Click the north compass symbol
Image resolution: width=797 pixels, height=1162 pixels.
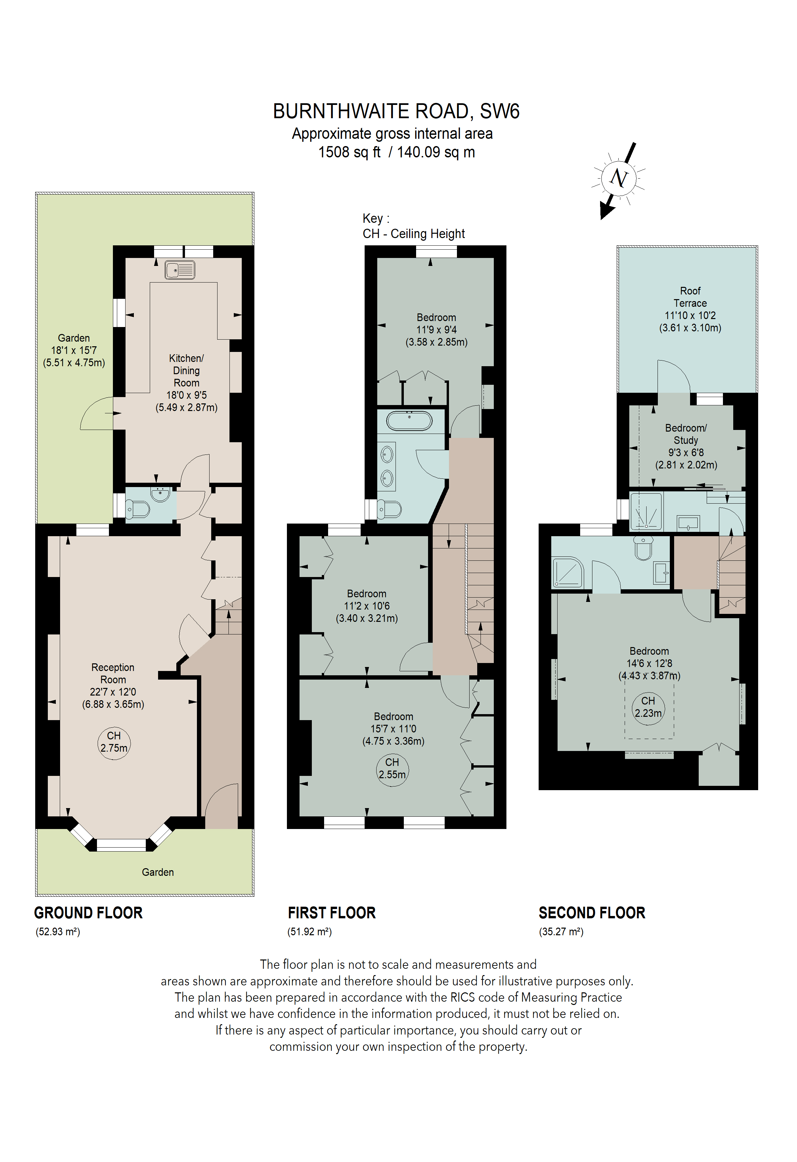coord(618,179)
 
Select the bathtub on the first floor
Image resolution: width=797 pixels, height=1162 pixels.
coord(409,421)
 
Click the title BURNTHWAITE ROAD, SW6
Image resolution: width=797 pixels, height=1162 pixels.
coord(396,111)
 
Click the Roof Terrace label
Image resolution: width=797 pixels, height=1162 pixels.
coord(690,297)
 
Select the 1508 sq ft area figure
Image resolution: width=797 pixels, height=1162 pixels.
coord(349,152)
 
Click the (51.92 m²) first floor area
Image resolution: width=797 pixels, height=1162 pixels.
coord(310,932)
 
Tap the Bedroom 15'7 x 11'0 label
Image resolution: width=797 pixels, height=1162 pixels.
coord(394,728)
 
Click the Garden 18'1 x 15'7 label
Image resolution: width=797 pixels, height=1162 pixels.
coord(74,350)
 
